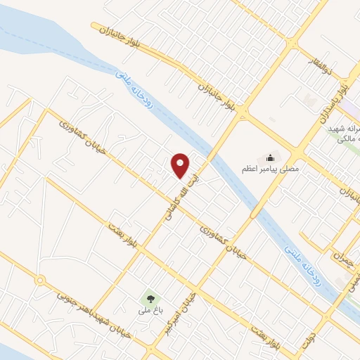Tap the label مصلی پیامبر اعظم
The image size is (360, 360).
[x=271, y=169]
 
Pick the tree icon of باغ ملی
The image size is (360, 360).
[x=149, y=297]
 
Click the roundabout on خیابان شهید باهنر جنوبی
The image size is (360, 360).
[x=40, y=281]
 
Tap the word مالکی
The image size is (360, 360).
[x=345, y=141]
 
